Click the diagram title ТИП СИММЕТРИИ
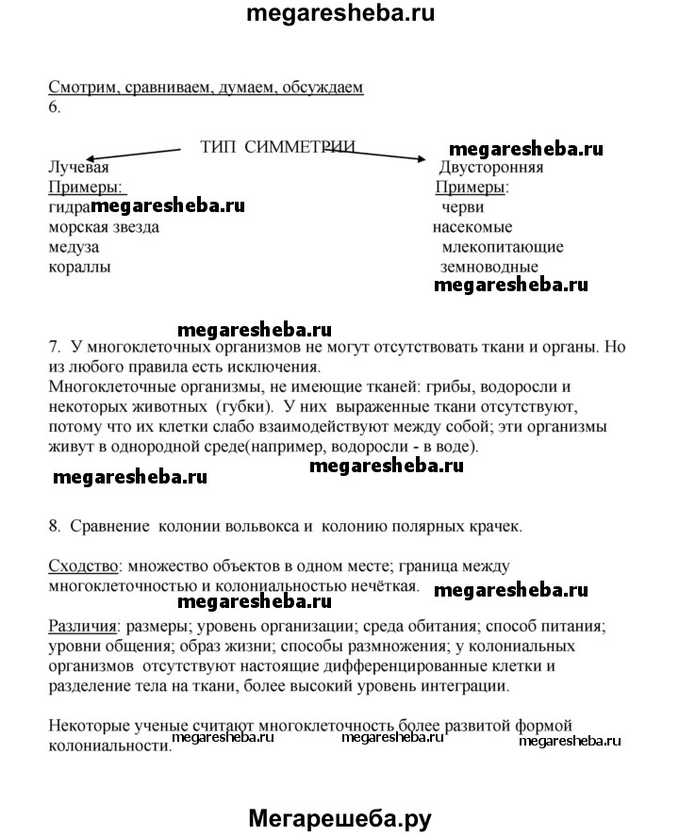click(x=278, y=147)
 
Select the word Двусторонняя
click(x=491, y=168)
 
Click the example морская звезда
click(x=104, y=227)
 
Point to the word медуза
click(x=74, y=247)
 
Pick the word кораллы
click(x=78, y=267)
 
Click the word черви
click(x=463, y=207)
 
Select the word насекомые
click(x=472, y=227)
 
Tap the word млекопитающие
click(x=503, y=247)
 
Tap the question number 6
click(x=54, y=107)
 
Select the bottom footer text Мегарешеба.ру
click(x=339, y=818)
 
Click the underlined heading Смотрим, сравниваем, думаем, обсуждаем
click(x=206, y=88)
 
